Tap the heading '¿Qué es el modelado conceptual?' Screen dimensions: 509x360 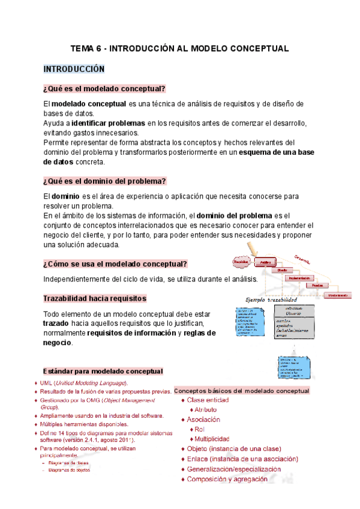104,89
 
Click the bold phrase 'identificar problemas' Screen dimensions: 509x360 107,123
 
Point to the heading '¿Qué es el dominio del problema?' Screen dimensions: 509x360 104,181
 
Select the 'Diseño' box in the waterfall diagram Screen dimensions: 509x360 281,270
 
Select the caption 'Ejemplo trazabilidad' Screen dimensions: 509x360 271,299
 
